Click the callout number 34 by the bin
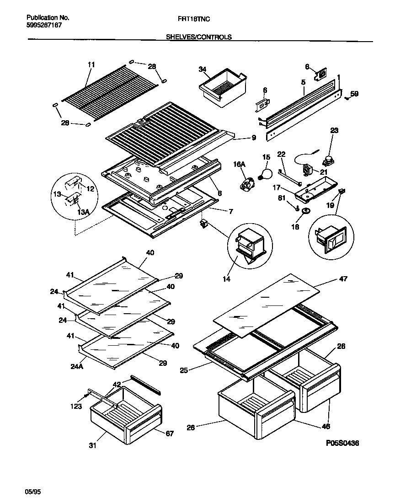point(202,69)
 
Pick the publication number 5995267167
point(42,26)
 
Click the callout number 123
point(76,406)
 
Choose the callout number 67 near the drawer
point(170,433)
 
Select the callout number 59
point(354,95)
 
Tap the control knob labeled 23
point(328,161)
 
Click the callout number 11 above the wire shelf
point(91,65)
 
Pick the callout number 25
point(184,370)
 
